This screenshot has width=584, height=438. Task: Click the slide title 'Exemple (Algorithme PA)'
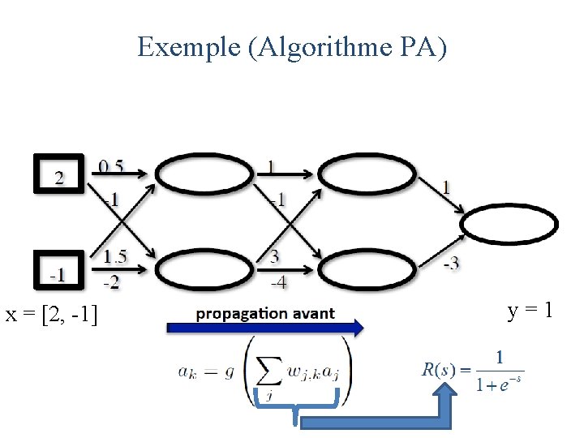(292, 47)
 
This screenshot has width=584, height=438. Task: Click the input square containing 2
(58, 174)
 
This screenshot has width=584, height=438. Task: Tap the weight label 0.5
(112, 166)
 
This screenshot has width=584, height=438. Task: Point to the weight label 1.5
(115, 256)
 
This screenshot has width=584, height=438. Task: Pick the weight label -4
(277, 282)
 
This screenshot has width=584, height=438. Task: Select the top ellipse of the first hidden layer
(204, 174)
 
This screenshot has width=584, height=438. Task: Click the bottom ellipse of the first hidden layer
(204, 271)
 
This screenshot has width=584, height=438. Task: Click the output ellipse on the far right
(509, 224)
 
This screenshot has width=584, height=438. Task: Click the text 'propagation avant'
(264, 313)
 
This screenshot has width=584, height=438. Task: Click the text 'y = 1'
(530, 310)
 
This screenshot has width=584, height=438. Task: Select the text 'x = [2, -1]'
(52, 314)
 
